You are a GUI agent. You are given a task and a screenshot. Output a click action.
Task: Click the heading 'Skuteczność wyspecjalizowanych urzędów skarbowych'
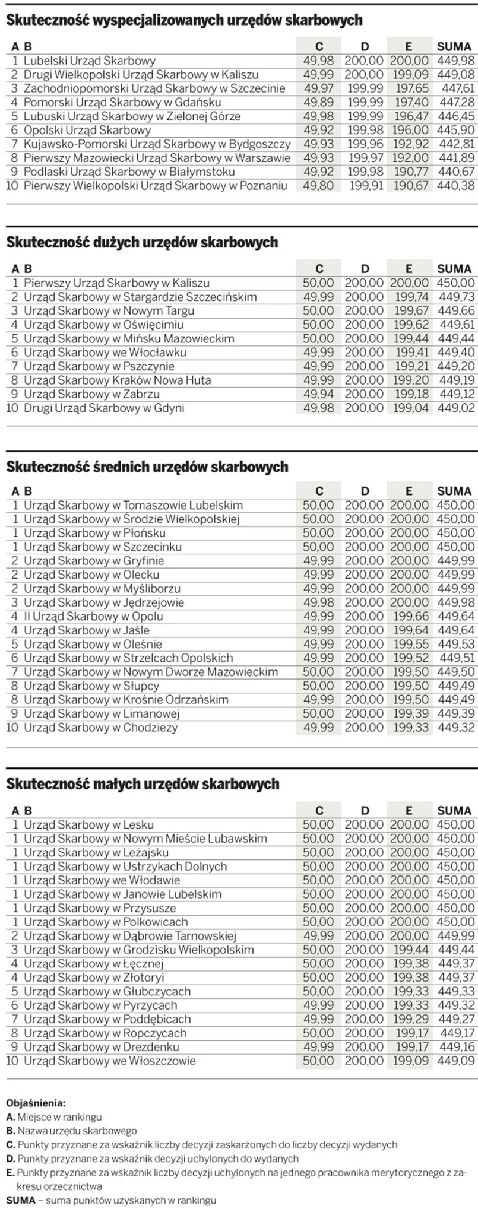pos(184,20)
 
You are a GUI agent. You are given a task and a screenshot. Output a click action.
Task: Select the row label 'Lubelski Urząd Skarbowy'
pos(90,61)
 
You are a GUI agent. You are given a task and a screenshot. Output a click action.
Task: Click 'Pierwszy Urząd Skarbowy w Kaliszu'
pos(116,283)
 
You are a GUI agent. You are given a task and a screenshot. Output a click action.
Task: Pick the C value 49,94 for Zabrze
pos(318,394)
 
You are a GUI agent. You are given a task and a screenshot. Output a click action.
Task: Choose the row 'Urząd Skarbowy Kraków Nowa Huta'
pos(117,380)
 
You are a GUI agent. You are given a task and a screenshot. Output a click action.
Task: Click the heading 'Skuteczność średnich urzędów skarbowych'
pos(147,467)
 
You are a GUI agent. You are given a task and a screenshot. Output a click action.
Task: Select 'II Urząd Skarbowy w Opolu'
pos(93,616)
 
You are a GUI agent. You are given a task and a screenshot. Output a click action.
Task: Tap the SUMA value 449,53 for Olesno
pos(456,644)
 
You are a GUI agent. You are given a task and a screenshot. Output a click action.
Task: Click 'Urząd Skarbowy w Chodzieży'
pos(100,727)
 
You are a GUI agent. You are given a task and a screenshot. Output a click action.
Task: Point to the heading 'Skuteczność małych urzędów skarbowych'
pos(143,784)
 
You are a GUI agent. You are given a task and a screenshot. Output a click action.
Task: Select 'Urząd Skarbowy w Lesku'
pos(88,824)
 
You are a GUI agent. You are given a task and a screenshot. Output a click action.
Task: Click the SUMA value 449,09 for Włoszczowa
pos(456,1061)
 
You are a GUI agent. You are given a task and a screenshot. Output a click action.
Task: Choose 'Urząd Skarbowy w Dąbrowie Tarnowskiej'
pos(130,935)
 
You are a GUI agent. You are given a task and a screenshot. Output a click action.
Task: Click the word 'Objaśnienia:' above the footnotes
pos(36,1103)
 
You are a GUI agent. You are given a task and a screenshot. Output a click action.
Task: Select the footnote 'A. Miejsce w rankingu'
pos(54,1117)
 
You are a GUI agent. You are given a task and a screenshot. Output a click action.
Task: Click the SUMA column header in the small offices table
pos(454,810)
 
